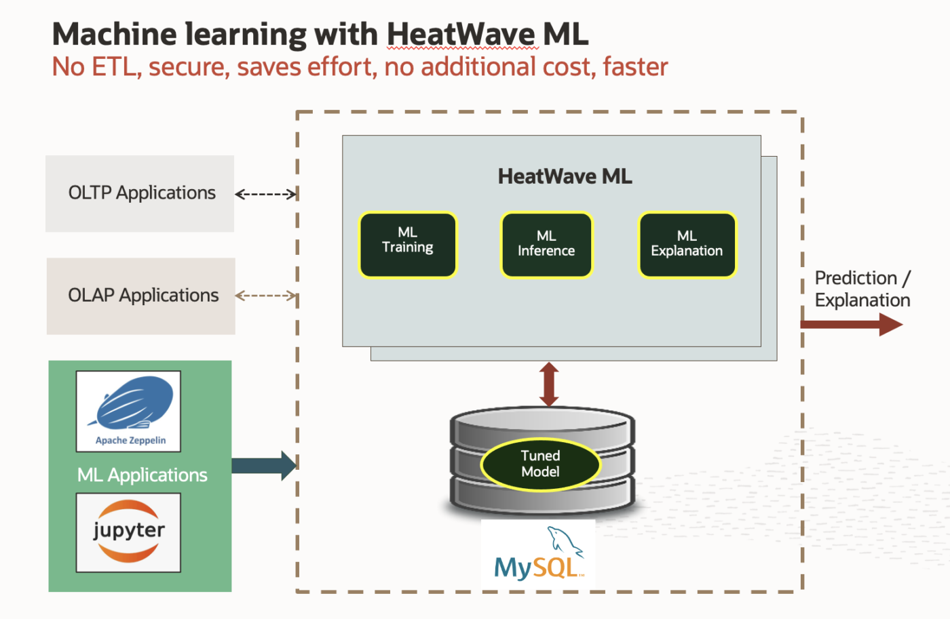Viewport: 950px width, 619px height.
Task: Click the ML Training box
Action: point(408,245)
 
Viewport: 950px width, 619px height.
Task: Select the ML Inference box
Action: point(546,245)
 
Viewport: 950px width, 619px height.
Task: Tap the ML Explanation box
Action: point(687,245)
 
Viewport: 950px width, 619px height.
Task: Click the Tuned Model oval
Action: point(541,464)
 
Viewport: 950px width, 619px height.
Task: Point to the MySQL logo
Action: point(538,555)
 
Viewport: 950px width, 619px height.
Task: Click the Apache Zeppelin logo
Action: point(129,411)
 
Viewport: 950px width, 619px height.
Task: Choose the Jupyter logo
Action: point(128,532)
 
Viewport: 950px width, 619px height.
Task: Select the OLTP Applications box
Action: point(140,193)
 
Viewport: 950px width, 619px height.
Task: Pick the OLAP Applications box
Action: point(141,296)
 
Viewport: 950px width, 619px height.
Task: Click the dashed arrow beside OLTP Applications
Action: point(266,195)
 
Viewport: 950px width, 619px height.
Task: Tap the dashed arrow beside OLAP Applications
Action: point(266,296)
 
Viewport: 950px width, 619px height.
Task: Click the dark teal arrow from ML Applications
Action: point(264,466)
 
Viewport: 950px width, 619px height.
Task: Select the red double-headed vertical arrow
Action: point(549,384)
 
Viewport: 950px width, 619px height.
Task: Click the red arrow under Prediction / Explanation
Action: point(851,324)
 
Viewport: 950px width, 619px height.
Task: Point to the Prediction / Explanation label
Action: point(862,289)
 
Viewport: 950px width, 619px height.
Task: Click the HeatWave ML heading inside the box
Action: point(565,176)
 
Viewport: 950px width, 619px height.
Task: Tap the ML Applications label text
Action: point(142,475)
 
